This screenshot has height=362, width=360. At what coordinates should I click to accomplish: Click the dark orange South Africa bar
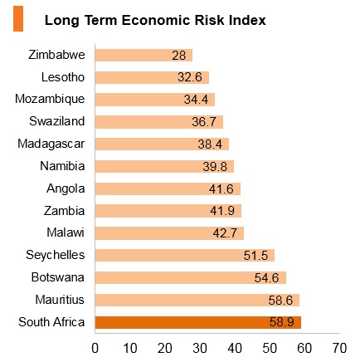(x=198, y=322)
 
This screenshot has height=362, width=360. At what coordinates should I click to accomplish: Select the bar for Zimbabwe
(x=144, y=55)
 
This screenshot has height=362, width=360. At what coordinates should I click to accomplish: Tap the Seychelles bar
(x=185, y=255)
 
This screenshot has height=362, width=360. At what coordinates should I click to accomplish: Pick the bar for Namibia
(x=164, y=166)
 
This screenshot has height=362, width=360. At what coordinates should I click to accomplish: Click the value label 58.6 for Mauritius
(x=280, y=301)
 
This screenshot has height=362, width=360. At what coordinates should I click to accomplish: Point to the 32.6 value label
(x=190, y=77)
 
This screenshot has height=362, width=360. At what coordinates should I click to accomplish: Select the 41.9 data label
(x=222, y=211)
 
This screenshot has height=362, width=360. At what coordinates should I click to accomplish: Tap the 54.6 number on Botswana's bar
(x=266, y=278)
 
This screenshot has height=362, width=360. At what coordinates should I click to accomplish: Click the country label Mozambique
(x=50, y=99)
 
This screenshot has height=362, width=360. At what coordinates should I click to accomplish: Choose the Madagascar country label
(x=51, y=144)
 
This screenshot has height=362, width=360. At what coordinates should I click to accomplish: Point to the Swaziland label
(x=57, y=121)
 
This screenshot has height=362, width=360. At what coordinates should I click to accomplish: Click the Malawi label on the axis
(x=66, y=232)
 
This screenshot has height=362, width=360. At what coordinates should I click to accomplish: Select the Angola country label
(x=66, y=188)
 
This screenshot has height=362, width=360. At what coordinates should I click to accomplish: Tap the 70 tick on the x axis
(x=339, y=348)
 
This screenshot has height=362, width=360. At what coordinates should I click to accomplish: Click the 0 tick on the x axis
(x=95, y=348)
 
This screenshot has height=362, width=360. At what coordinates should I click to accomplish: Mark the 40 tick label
(x=235, y=348)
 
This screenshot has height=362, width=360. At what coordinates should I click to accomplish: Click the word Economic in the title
(x=156, y=20)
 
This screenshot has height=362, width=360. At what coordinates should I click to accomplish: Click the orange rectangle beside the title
(x=18, y=19)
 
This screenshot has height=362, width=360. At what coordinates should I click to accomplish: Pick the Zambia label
(x=64, y=211)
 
